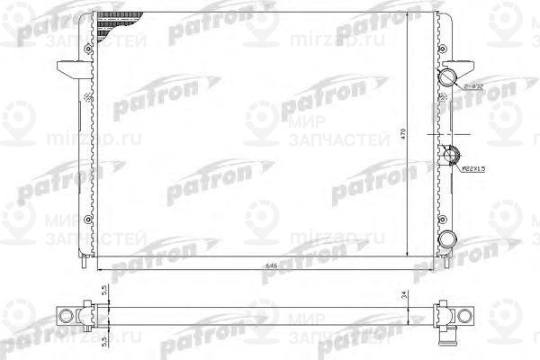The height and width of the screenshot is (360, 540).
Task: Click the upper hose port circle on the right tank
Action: pos(449,77)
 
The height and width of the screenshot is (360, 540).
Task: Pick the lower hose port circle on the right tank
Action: pos(449,238)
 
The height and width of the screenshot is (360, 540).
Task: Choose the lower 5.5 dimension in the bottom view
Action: pos(106,340)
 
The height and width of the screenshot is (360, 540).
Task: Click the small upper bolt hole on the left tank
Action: pos(86,95)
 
